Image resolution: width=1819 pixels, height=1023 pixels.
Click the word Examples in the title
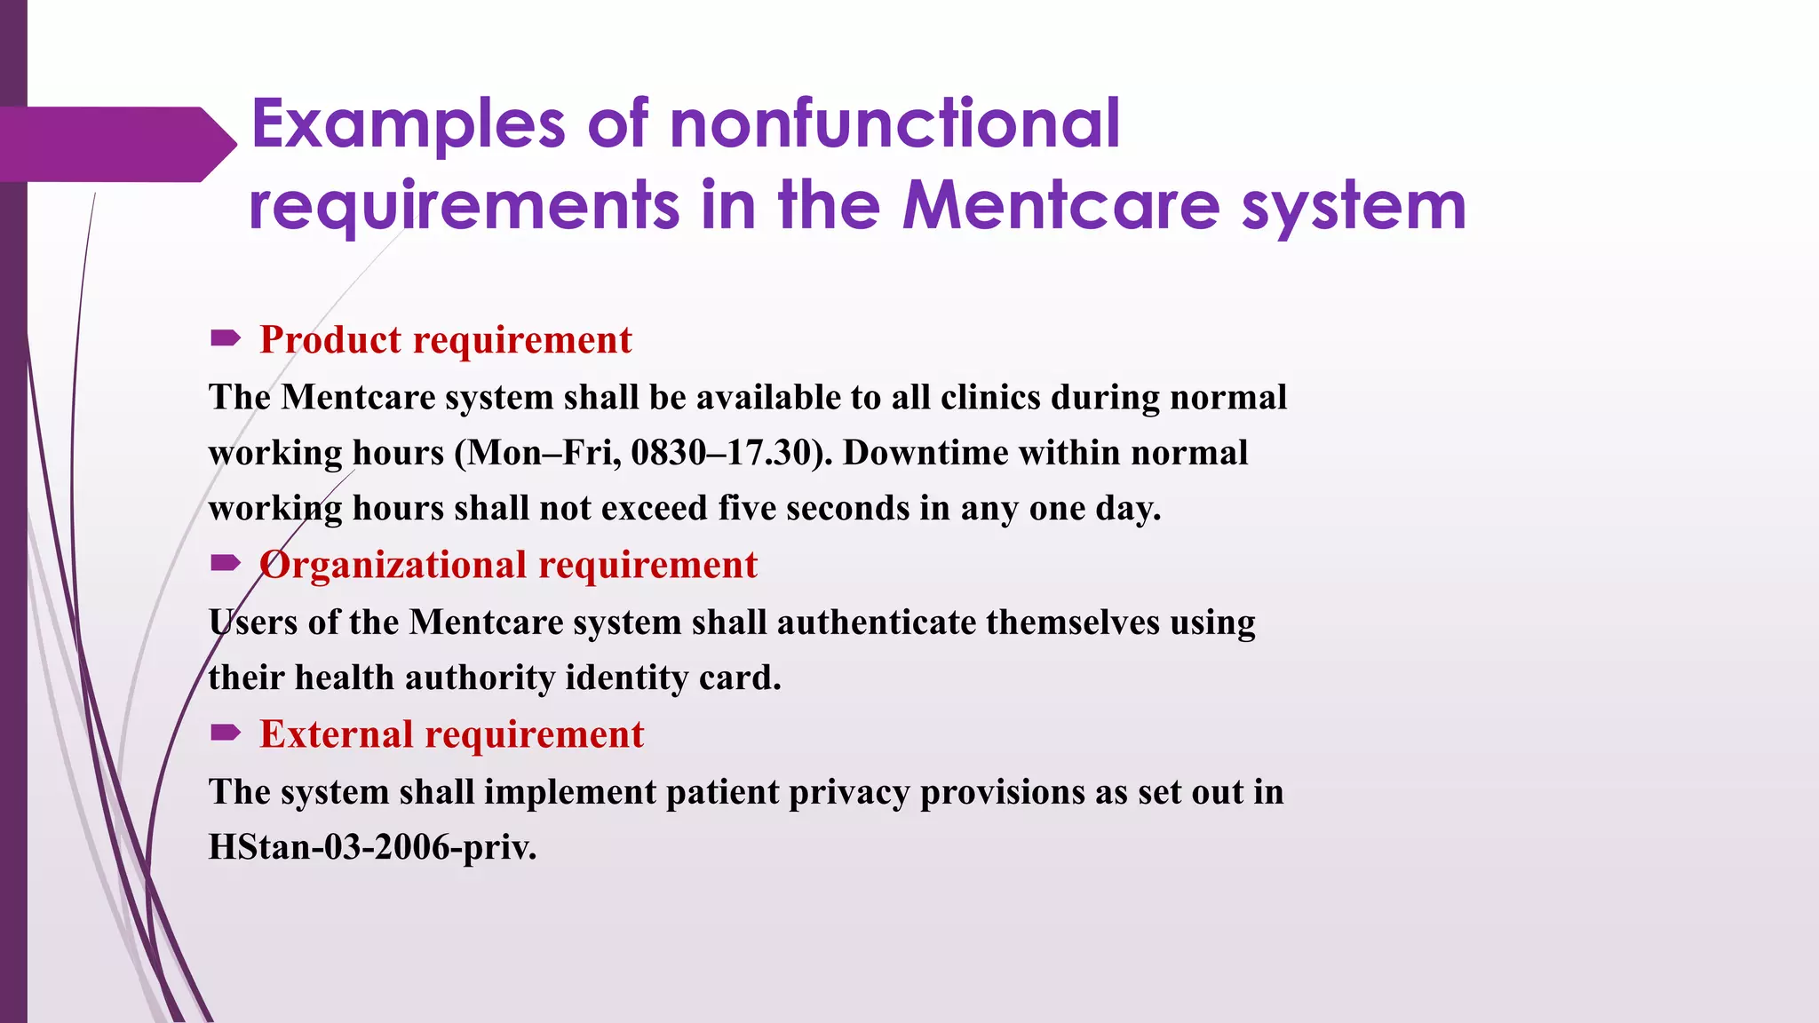point(409,124)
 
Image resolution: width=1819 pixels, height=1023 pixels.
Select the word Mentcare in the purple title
point(1061,206)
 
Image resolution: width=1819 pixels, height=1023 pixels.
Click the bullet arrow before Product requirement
point(226,337)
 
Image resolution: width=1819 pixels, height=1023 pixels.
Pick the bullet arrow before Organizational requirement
point(226,562)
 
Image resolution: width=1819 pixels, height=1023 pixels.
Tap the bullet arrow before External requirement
point(226,732)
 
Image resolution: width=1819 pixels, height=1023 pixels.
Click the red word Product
point(330,340)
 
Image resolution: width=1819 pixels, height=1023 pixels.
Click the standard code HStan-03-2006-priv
point(372,847)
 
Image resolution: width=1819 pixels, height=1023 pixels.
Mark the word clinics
point(989,397)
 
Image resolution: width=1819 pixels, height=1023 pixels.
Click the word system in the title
point(1353,206)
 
